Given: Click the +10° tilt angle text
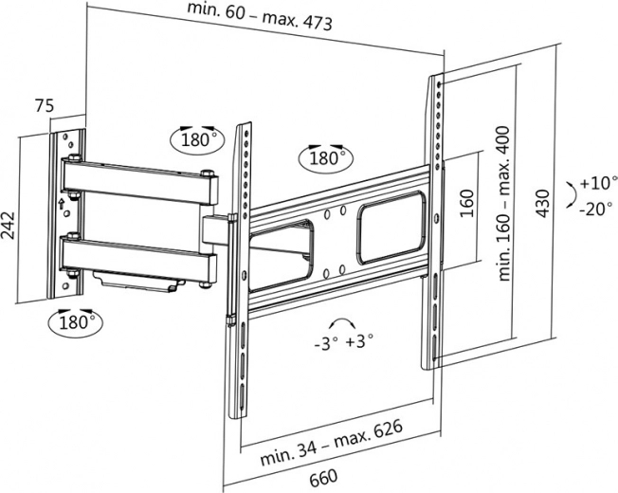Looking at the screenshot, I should coord(597,183).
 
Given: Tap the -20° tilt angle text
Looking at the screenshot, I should coord(597,209).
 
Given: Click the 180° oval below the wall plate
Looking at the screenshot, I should coord(76,322).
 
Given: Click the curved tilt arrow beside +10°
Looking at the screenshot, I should coord(569,194).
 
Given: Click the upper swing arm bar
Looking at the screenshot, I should coord(137,182).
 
